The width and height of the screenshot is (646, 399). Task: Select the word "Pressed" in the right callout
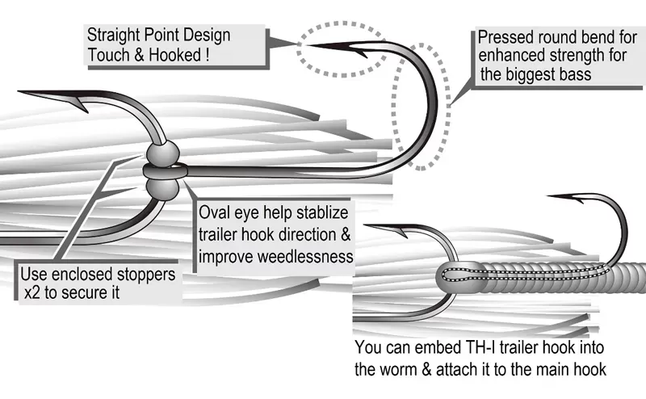click(504, 37)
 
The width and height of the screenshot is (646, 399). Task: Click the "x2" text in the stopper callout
click(32, 294)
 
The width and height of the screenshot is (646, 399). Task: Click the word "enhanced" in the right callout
click(505, 57)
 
